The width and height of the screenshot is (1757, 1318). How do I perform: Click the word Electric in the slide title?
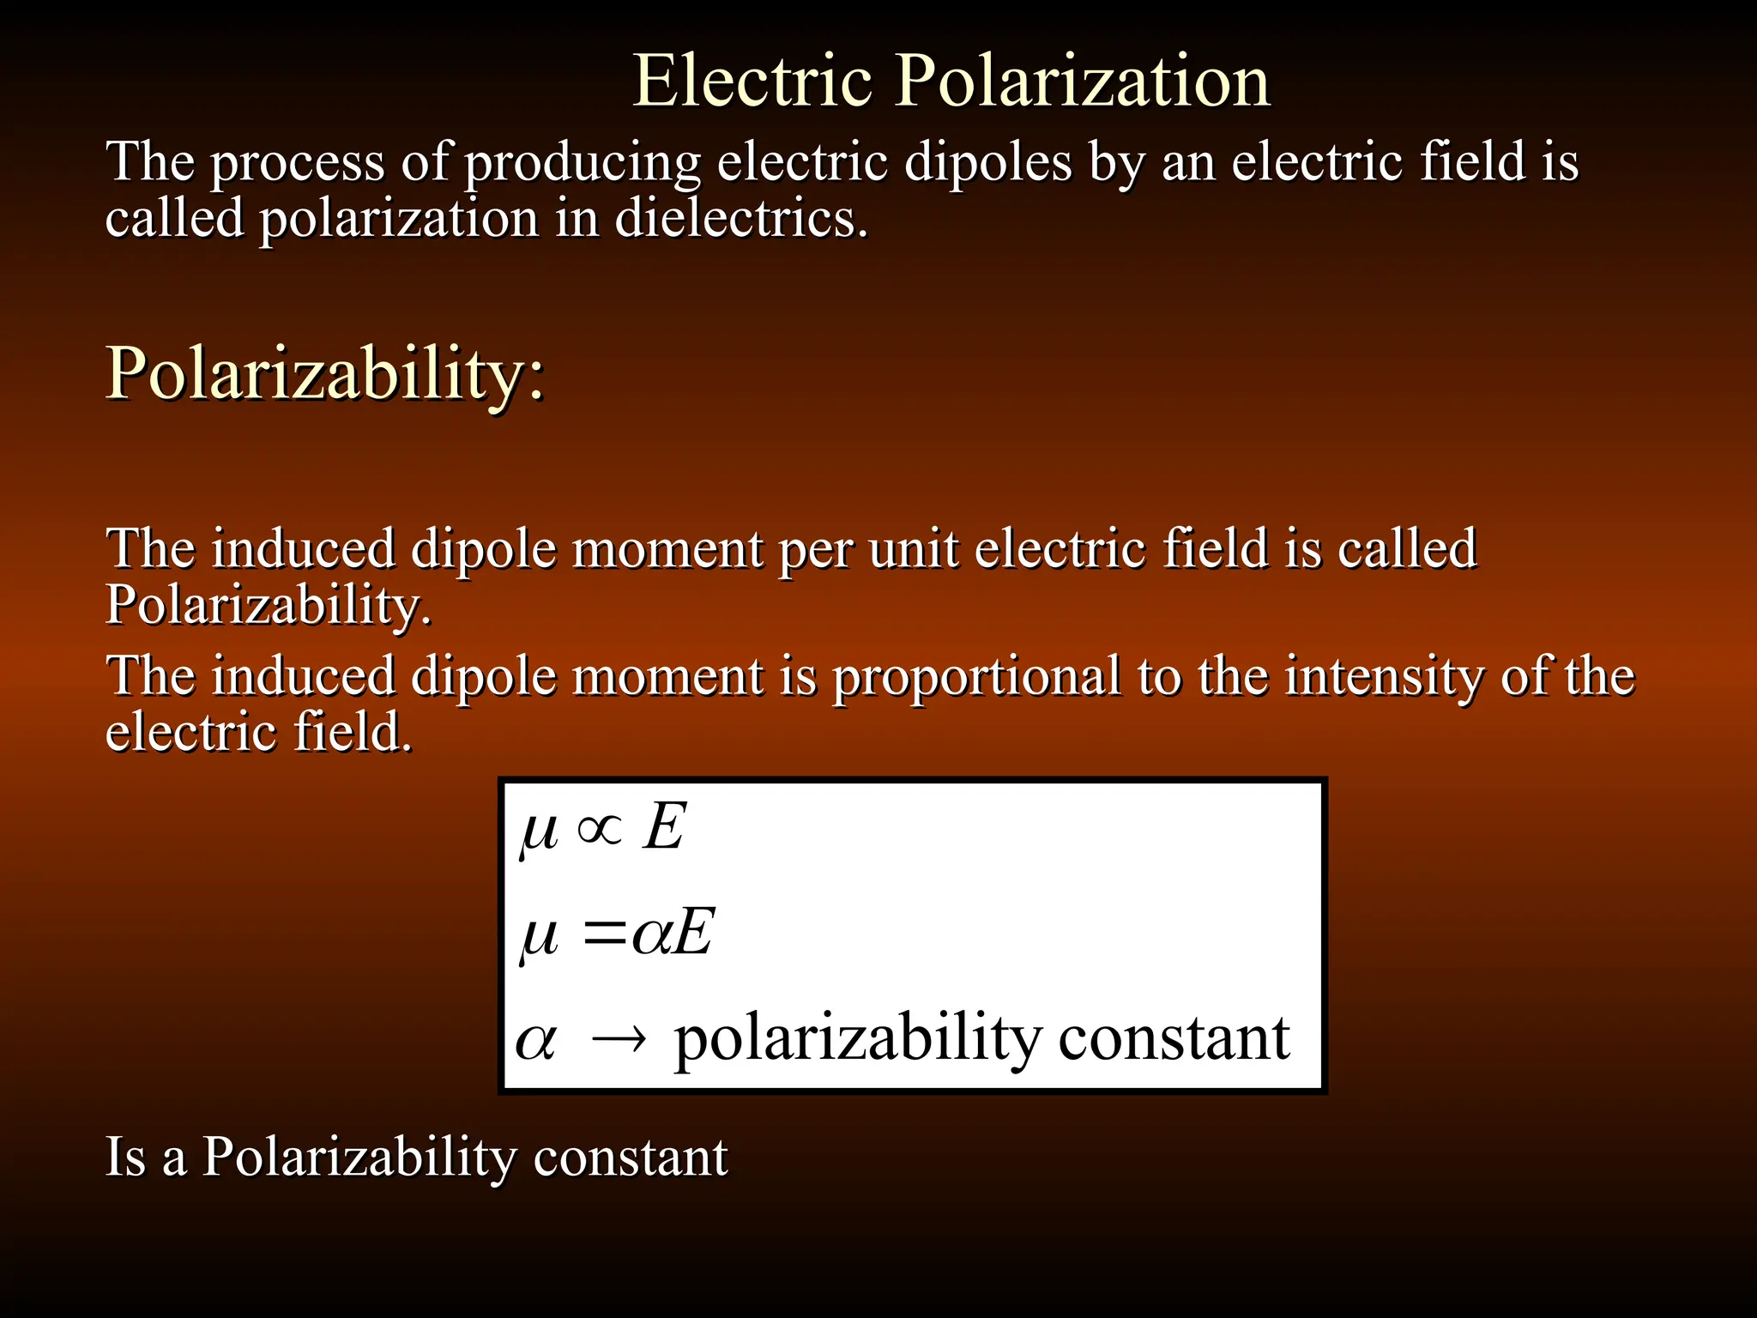coord(752,81)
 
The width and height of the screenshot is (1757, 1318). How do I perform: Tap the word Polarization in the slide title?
coord(1082,81)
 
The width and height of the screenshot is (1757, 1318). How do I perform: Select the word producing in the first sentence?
coord(583,163)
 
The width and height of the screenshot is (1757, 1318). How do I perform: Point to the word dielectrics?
coord(741,218)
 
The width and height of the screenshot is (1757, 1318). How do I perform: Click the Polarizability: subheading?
coord(325,374)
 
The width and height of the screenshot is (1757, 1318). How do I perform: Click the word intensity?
coord(1384,677)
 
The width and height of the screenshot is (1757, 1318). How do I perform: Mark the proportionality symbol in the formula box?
coord(600,830)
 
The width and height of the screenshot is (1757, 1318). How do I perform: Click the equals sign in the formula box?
coord(603,934)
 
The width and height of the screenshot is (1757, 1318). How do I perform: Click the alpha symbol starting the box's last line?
coord(536,1041)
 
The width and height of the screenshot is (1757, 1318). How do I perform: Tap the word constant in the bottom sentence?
coord(631,1158)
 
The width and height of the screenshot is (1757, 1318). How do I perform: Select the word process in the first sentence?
coord(297,163)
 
